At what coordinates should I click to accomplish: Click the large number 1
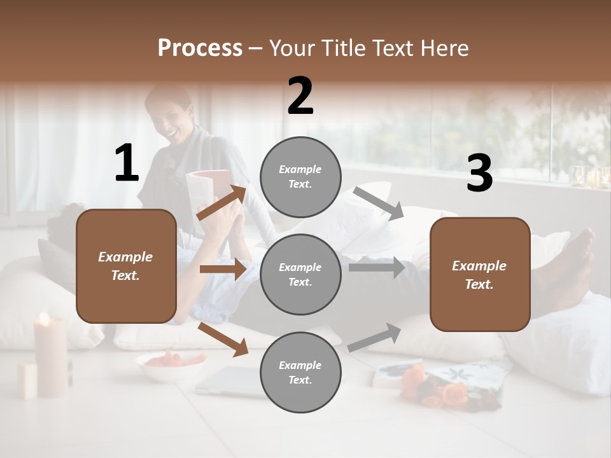(127, 163)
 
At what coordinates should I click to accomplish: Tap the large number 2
(300, 97)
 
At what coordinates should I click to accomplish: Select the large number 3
(479, 174)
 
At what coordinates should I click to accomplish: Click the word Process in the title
(200, 48)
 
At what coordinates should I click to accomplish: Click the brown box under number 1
(126, 266)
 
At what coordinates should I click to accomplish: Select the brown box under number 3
(480, 274)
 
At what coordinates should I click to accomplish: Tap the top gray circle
(300, 177)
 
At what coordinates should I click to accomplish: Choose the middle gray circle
(300, 274)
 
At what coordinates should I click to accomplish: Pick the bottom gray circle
(300, 372)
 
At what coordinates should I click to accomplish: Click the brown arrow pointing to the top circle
(222, 203)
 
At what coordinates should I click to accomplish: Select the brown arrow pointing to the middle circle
(223, 269)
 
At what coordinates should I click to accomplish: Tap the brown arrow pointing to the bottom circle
(223, 338)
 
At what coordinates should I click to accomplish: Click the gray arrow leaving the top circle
(378, 204)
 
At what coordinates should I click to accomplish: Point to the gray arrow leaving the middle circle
(376, 268)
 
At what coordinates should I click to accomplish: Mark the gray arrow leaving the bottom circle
(375, 338)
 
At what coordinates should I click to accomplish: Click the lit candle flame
(44, 319)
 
